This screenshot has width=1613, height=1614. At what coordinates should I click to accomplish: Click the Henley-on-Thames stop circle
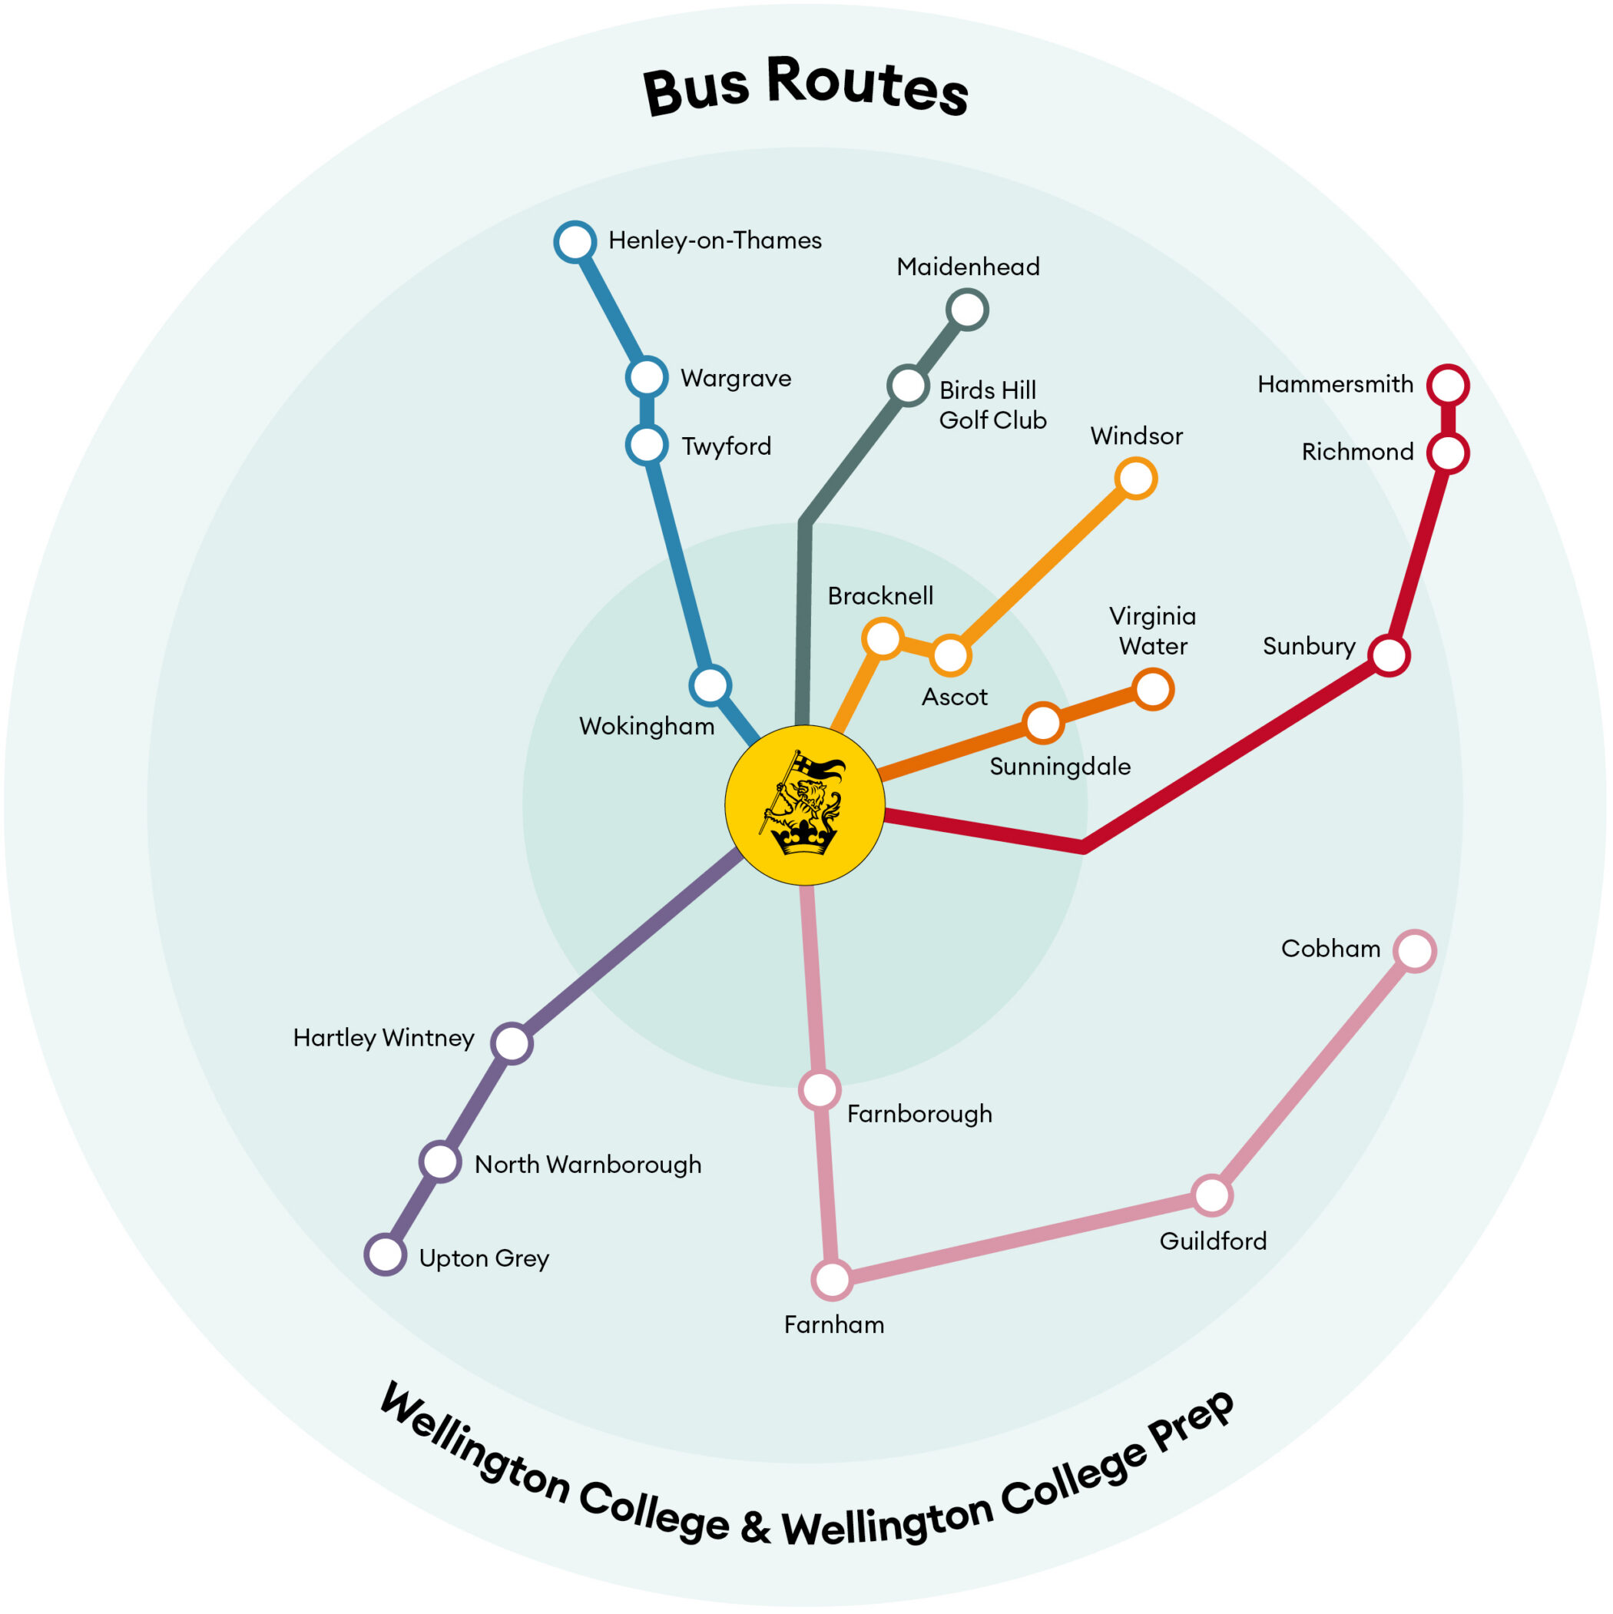coord(575,242)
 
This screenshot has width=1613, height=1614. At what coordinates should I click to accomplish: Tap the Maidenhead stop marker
coord(967,310)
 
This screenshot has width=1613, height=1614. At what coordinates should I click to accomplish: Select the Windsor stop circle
coord(1135,479)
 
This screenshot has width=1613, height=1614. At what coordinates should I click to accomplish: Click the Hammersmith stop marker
coord(1448,385)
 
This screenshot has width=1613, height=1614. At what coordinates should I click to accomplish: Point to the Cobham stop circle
coord(1414,951)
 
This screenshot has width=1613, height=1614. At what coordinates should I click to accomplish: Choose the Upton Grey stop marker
coord(386,1254)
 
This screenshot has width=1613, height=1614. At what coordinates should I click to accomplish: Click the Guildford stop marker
coord(1211,1195)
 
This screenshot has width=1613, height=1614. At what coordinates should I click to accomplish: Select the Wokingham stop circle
coord(710,685)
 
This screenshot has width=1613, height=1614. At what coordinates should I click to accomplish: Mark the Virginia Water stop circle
coord(1153,689)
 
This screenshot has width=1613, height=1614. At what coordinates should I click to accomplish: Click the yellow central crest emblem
coord(804,805)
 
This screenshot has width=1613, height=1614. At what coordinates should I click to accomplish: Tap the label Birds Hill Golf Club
coord(992,405)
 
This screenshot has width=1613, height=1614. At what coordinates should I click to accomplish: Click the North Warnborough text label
coord(588,1165)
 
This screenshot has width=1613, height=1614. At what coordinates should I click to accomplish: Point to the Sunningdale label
coord(1059,767)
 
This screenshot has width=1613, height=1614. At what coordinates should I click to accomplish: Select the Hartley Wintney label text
coord(383,1038)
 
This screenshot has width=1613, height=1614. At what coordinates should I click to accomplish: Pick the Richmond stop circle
coord(1448,452)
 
